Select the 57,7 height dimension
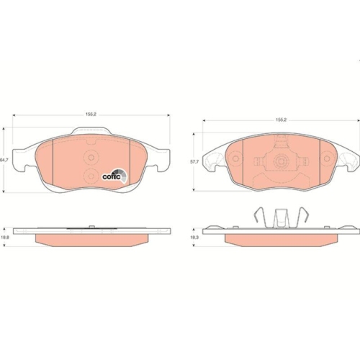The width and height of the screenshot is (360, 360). click(x=193, y=163)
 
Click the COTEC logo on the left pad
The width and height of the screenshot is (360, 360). click(x=114, y=176)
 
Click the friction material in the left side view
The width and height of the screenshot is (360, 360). click(x=89, y=239)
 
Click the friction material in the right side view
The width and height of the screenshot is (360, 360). click(x=281, y=238)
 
